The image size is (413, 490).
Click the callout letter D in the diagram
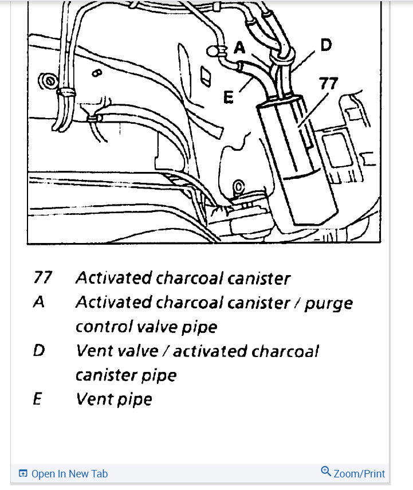click(326, 44)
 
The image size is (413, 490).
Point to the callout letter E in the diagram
click(229, 99)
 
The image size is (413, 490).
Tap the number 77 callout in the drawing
click(328, 84)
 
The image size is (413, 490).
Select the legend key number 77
click(42, 278)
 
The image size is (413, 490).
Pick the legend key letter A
click(38, 302)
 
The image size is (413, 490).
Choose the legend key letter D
click(38, 350)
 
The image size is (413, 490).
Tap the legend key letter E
click(38, 398)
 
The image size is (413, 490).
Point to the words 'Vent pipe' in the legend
click(114, 399)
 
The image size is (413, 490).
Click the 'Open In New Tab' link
click(69, 474)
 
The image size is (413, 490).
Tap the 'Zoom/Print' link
click(359, 474)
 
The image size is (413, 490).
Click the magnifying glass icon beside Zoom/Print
click(326, 472)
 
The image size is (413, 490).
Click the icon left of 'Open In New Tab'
click(23, 474)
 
